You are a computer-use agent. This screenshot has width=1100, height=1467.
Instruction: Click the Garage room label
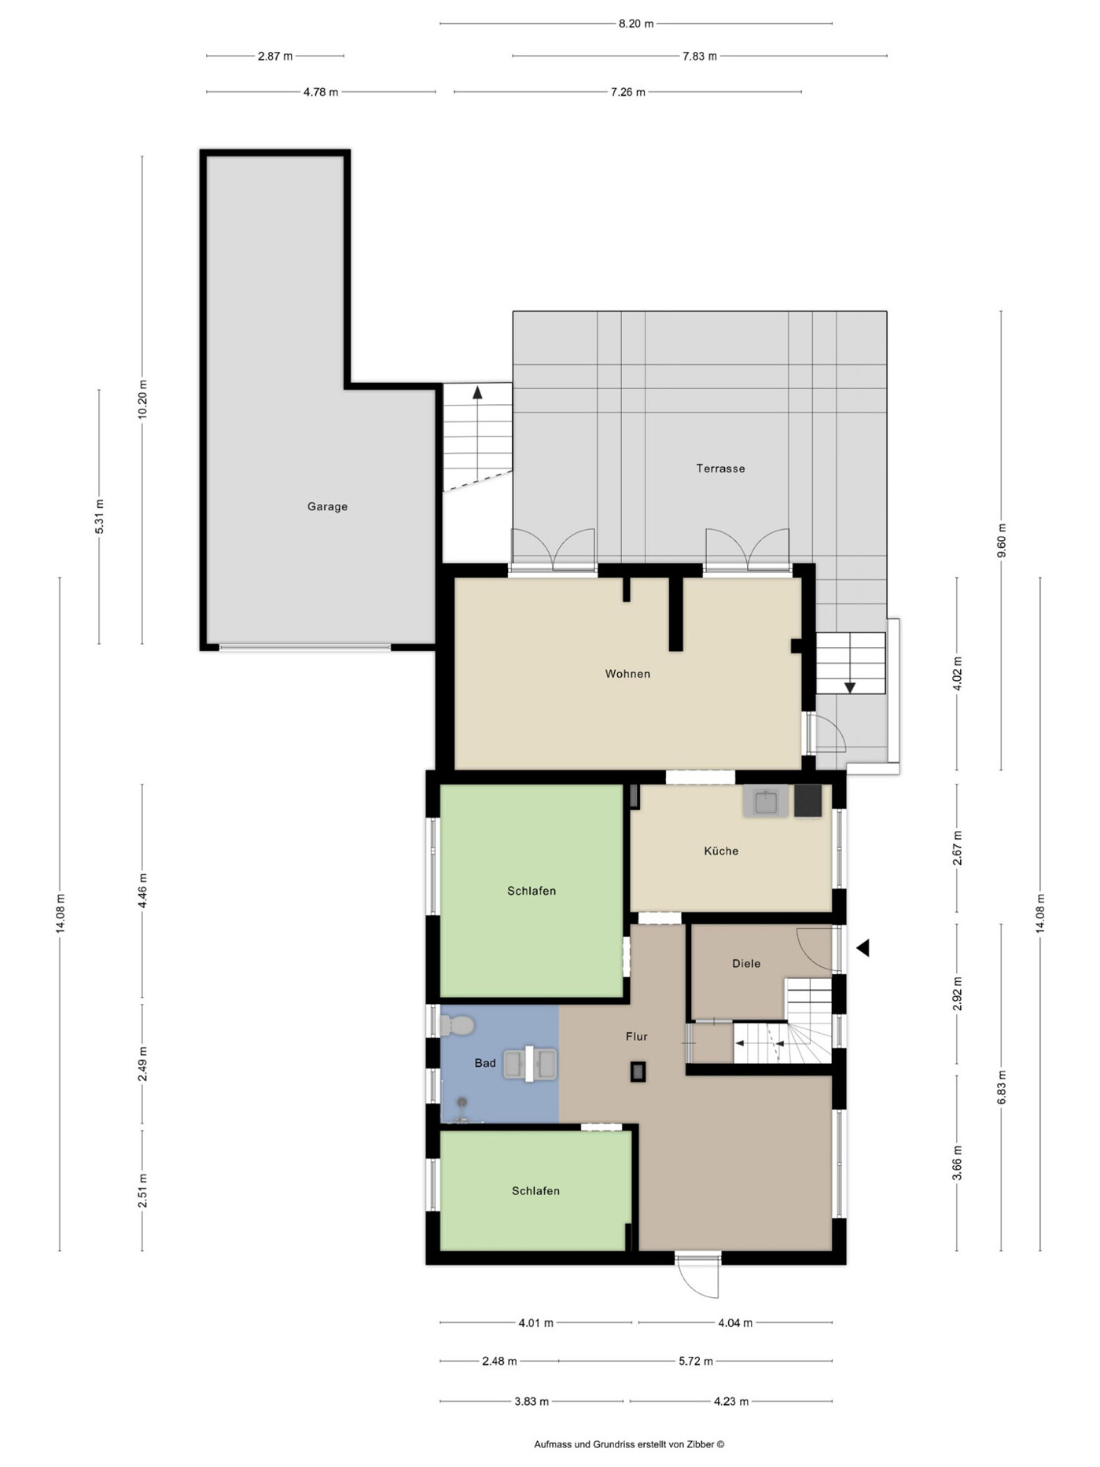(x=327, y=506)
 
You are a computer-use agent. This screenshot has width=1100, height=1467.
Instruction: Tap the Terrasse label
(x=720, y=469)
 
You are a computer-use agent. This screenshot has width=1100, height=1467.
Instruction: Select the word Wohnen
(x=627, y=674)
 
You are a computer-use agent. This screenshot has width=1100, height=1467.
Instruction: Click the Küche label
(x=721, y=851)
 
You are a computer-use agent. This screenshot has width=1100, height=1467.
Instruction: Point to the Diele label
(x=746, y=963)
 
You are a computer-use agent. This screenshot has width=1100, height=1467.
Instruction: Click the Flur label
(x=637, y=1036)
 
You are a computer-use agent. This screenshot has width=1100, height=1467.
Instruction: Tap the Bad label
(x=485, y=1063)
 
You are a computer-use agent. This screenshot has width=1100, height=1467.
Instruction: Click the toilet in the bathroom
(x=458, y=1025)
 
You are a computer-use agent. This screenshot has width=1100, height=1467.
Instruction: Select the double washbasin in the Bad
(x=531, y=1064)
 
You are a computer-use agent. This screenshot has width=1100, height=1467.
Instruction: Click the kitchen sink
(x=765, y=802)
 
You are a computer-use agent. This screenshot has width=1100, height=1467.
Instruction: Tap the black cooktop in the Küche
(x=808, y=800)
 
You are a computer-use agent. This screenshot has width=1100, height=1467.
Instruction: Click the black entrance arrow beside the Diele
(x=863, y=948)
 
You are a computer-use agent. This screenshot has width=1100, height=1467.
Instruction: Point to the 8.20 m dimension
(x=636, y=24)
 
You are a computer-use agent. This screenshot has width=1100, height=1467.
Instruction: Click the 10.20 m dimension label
(x=142, y=399)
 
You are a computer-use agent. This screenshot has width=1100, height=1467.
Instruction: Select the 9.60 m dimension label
(x=1001, y=540)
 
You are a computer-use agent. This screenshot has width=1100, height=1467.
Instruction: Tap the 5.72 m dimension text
(x=696, y=1361)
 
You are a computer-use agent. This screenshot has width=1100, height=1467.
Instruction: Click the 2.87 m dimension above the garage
(x=275, y=57)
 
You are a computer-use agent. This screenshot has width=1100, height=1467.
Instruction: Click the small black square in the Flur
(x=638, y=1071)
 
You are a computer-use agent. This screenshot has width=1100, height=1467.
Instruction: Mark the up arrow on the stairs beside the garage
(x=477, y=392)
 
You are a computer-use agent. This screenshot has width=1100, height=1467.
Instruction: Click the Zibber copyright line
(x=629, y=1444)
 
